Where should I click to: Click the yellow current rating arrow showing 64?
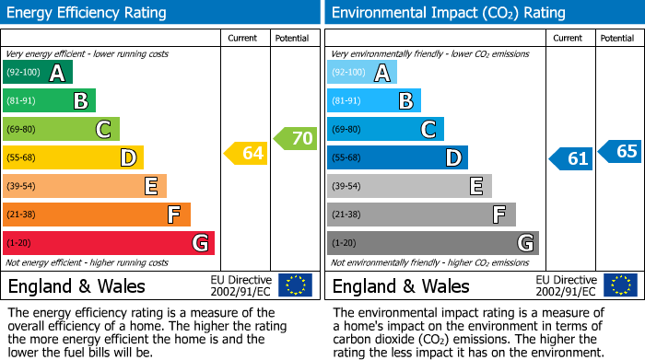[x=246, y=154]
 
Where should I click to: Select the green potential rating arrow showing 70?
[x=295, y=138]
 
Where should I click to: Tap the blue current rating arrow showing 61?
[x=570, y=158]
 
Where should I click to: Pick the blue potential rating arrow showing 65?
[x=620, y=151]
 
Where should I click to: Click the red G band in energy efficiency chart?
[x=108, y=243]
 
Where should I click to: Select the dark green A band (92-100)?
[x=37, y=73]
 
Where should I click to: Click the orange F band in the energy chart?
[x=96, y=215]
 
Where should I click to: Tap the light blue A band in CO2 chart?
[x=361, y=73]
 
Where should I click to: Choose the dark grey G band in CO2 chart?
[x=432, y=243]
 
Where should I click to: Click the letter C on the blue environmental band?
[x=428, y=130]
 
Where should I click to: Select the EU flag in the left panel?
[x=295, y=285]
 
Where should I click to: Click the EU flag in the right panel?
[x=619, y=285]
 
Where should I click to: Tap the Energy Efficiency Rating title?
[x=88, y=13]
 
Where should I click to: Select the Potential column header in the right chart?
[x=616, y=38]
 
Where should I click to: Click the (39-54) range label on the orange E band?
[x=21, y=187]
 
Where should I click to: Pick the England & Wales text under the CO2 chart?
[x=401, y=285]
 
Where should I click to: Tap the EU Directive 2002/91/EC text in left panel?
[x=241, y=285]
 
